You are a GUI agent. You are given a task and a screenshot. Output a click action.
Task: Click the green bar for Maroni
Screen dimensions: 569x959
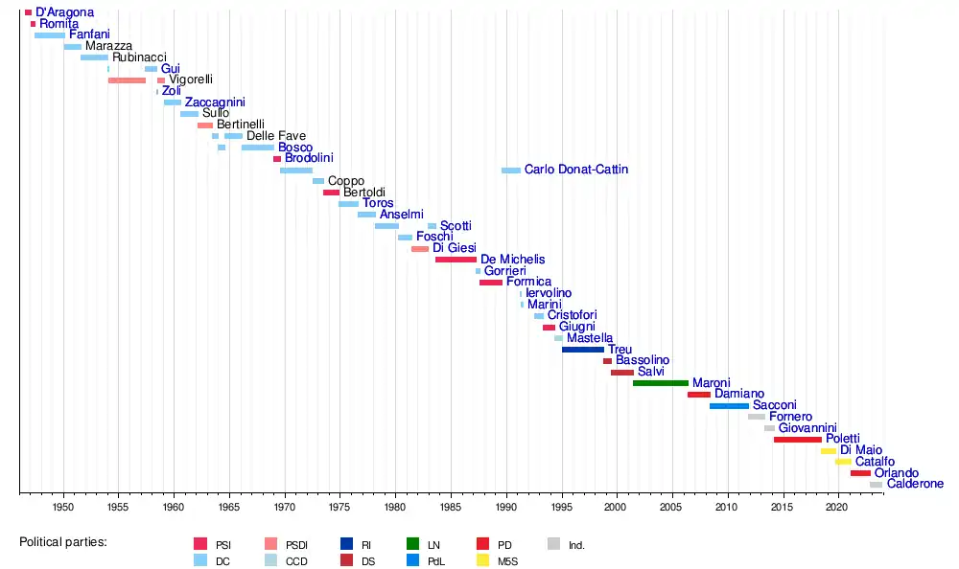tap(660, 383)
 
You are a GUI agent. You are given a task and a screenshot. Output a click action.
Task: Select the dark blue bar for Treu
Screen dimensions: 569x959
tap(582, 350)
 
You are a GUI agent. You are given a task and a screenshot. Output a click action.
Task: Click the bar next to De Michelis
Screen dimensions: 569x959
tap(456, 260)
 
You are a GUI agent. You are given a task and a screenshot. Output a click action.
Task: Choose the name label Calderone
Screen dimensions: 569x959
tap(915, 485)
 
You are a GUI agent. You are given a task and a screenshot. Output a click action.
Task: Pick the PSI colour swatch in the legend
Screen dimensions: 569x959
tap(200, 545)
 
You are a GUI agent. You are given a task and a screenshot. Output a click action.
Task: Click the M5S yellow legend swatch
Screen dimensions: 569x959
tap(482, 561)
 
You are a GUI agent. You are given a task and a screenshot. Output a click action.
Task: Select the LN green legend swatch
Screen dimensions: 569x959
tap(412, 545)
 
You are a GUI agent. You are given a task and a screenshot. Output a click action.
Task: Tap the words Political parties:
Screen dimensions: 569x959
tap(62, 543)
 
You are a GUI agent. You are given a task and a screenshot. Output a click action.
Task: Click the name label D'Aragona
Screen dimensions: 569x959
tap(64, 12)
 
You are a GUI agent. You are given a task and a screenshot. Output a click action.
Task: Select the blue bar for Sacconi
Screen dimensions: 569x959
tap(729, 406)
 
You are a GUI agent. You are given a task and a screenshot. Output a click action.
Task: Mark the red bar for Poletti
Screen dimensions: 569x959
tap(797, 440)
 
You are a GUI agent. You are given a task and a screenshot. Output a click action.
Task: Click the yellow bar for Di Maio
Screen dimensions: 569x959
tap(828, 451)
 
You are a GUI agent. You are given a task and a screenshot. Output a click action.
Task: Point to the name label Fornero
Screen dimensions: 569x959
tap(790, 418)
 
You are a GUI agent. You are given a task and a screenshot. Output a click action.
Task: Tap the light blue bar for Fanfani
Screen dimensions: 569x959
tap(50, 35)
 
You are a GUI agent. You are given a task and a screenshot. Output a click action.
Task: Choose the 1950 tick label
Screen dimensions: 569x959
tap(63, 505)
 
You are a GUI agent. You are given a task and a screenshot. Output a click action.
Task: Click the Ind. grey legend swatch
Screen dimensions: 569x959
tap(553, 545)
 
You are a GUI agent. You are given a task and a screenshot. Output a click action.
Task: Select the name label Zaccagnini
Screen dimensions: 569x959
tap(215, 102)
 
